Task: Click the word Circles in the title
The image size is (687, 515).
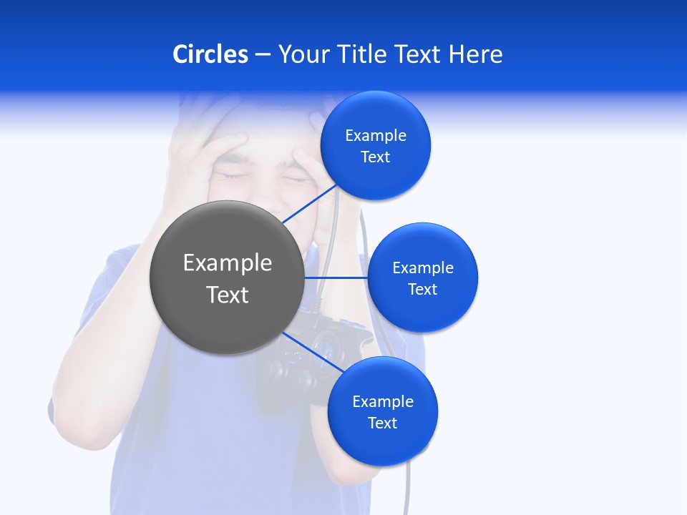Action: pyautogui.click(x=210, y=54)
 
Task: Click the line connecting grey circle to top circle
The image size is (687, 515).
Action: pyautogui.click(x=311, y=203)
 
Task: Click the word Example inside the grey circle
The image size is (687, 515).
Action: pyautogui.click(x=228, y=263)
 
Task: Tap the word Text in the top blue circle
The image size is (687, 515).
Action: pyautogui.click(x=376, y=157)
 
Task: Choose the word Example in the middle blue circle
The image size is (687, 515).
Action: pyautogui.click(x=423, y=268)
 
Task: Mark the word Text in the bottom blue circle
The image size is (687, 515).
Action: pyautogui.click(x=383, y=423)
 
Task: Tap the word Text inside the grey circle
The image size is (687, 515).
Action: pyautogui.click(x=228, y=295)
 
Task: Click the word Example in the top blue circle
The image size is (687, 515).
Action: pyautogui.click(x=376, y=136)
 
